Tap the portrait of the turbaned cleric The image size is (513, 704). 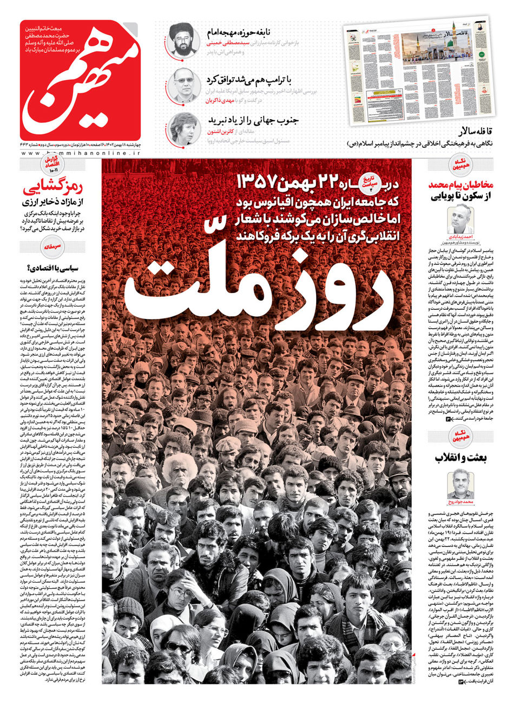pyautogui.click(x=182, y=39)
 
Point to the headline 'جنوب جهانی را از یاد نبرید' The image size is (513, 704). pyautogui.click(x=250, y=120)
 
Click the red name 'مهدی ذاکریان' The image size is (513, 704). pyautogui.click(x=221, y=101)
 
